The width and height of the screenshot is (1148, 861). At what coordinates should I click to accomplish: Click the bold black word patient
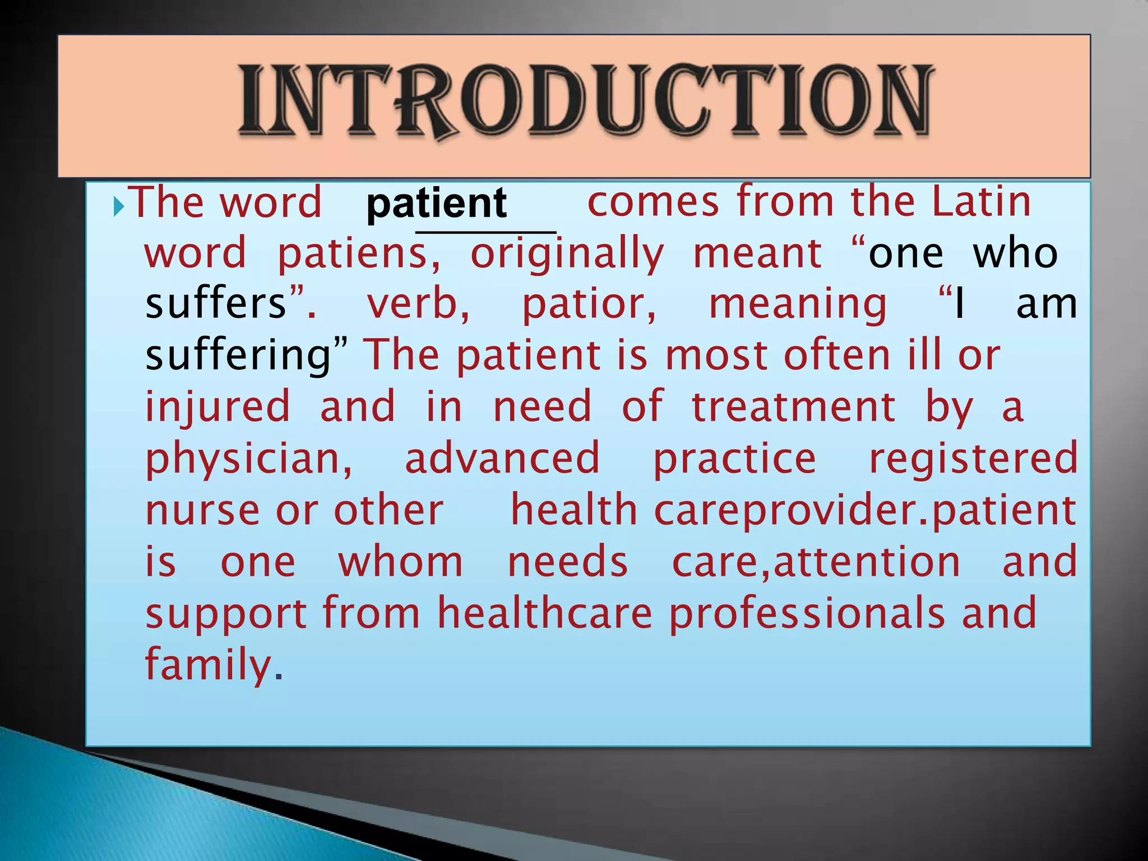coord(436,203)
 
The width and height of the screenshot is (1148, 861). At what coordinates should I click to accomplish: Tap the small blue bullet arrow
coord(118,207)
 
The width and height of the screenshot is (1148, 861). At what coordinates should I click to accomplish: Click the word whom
coord(400,562)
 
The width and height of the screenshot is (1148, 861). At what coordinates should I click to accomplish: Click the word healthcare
coord(544,613)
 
